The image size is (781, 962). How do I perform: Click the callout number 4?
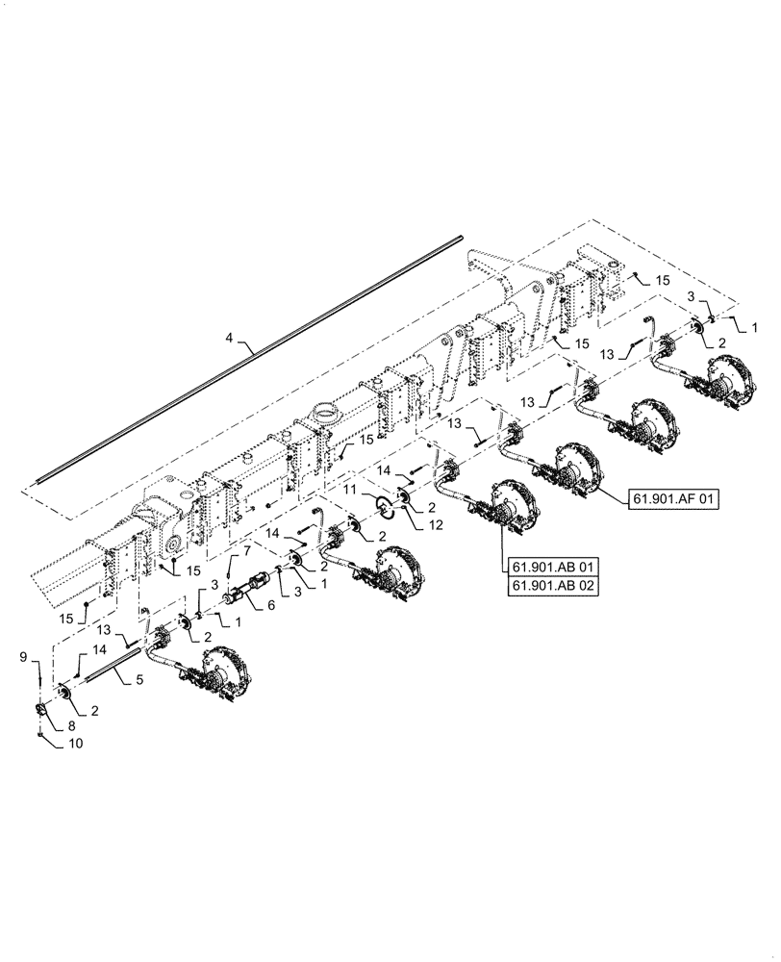[230, 339]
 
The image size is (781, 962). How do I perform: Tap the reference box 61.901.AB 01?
[545, 567]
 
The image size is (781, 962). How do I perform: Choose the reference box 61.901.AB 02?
[545, 587]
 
